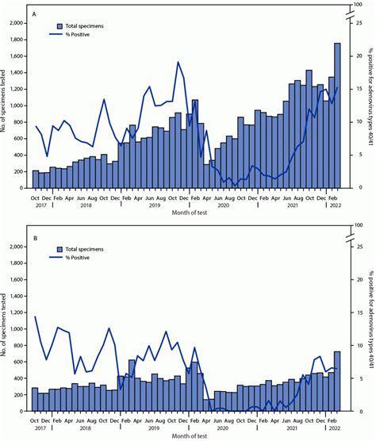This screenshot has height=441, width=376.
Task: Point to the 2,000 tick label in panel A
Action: click(15, 23)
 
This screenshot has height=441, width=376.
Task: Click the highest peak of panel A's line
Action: click(178, 62)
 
